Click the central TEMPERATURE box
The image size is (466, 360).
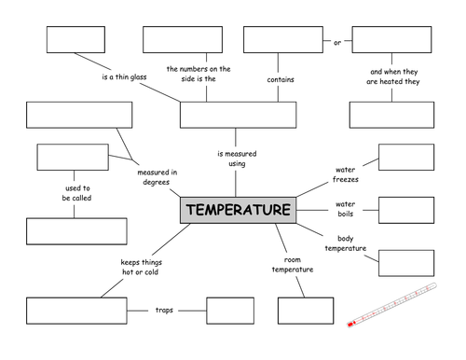(x=238, y=210)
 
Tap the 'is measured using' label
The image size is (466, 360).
(x=237, y=159)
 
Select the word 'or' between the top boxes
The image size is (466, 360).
(x=337, y=43)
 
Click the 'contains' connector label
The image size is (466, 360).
(x=281, y=79)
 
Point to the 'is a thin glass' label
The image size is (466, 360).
(x=124, y=76)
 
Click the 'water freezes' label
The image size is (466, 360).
(x=346, y=174)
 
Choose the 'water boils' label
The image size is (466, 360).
(x=346, y=209)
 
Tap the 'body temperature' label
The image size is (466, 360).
(x=346, y=243)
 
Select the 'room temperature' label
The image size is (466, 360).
(x=293, y=265)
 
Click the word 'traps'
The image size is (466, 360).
(x=164, y=311)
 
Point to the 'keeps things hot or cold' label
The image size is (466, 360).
(x=141, y=267)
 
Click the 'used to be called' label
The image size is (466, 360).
(x=76, y=193)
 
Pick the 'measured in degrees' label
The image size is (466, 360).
(x=158, y=177)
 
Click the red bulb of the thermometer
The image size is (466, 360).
(x=350, y=325)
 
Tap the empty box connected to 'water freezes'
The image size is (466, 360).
(x=406, y=157)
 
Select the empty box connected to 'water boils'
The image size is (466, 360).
(x=406, y=210)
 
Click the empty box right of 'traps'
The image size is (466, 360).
(x=230, y=311)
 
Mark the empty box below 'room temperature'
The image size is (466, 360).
(x=306, y=311)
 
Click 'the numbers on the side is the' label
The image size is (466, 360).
(x=199, y=74)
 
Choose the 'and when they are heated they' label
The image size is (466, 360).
(x=393, y=76)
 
